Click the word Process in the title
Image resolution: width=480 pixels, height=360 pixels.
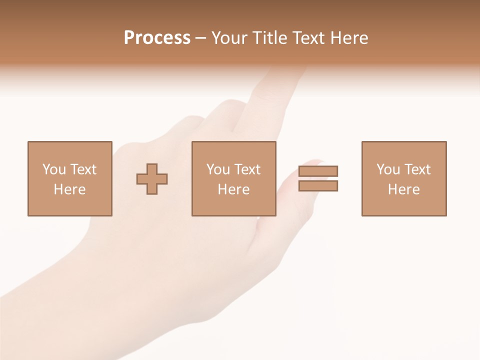point(157,38)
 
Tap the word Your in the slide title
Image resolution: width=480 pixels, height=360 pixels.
point(229,38)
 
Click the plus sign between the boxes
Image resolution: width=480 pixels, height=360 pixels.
point(152,179)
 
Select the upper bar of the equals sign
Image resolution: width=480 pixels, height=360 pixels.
point(318,171)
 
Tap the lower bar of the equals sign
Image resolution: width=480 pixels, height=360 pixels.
point(318,186)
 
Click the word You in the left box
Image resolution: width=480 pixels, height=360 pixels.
point(54,169)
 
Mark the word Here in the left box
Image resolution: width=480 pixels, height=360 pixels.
point(69,189)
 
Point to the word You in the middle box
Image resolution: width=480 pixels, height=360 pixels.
point(218,169)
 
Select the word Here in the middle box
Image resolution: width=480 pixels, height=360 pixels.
point(233,189)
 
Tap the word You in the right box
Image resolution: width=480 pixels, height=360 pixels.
point(388,169)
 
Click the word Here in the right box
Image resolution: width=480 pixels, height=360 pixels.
point(403,189)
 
